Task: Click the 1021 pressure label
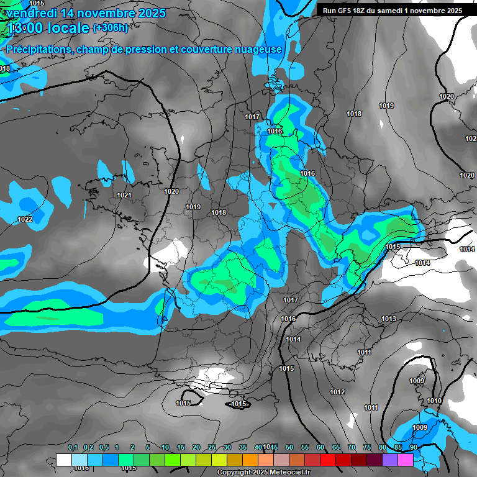pyautogui.click(x=124, y=196)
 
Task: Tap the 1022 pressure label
pyautogui.click(x=25, y=219)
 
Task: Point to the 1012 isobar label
pyautogui.click(x=337, y=392)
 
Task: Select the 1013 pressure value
pyautogui.click(x=389, y=319)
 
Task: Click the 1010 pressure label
pyautogui.click(x=434, y=401)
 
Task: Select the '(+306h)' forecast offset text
pyautogui.click(x=111, y=28)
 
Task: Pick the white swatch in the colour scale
pyautogui.click(x=63, y=460)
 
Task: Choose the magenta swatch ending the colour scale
pyautogui.click(x=406, y=460)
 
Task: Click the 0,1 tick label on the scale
pyautogui.click(x=73, y=448)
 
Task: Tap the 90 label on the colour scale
pyautogui.click(x=413, y=448)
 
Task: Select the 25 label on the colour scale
pyautogui.click(x=212, y=448)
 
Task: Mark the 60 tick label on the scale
pyautogui.click(x=320, y=448)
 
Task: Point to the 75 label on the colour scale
pyautogui.click(x=367, y=448)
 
